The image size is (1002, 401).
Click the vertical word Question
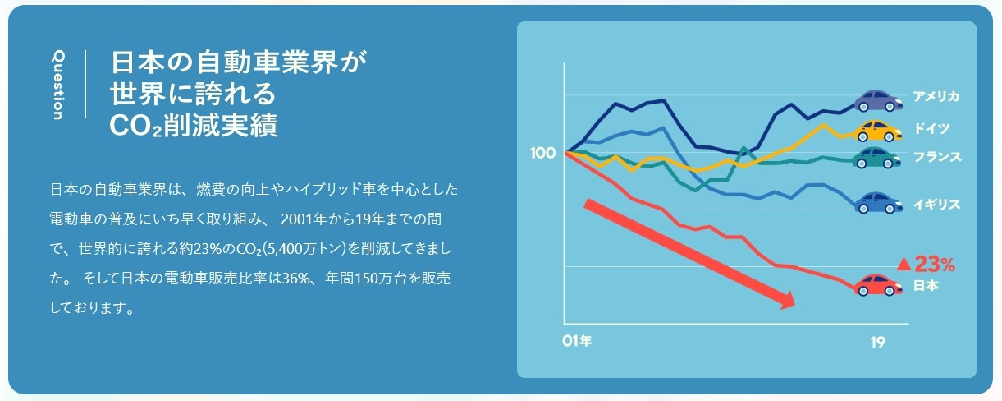click(58, 85)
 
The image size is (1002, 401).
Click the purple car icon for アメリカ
click(878, 101)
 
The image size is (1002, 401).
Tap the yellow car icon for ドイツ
click(877, 131)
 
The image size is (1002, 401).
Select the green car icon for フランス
click(876, 158)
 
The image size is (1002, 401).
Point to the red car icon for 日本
click(878, 285)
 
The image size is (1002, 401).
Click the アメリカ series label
click(936, 96)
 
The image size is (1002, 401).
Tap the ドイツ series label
click(931, 128)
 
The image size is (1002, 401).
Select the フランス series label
click(936, 157)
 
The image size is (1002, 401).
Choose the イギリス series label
click(936, 205)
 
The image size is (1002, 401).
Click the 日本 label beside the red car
click(926, 285)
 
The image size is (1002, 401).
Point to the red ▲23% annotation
click(926, 265)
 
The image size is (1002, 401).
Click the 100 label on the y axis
click(542, 153)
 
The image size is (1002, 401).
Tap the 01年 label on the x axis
click(577, 341)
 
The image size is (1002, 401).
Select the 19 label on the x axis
click(877, 343)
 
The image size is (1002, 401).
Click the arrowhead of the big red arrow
click(787, 300)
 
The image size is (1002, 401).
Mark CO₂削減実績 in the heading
click(194, 125)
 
